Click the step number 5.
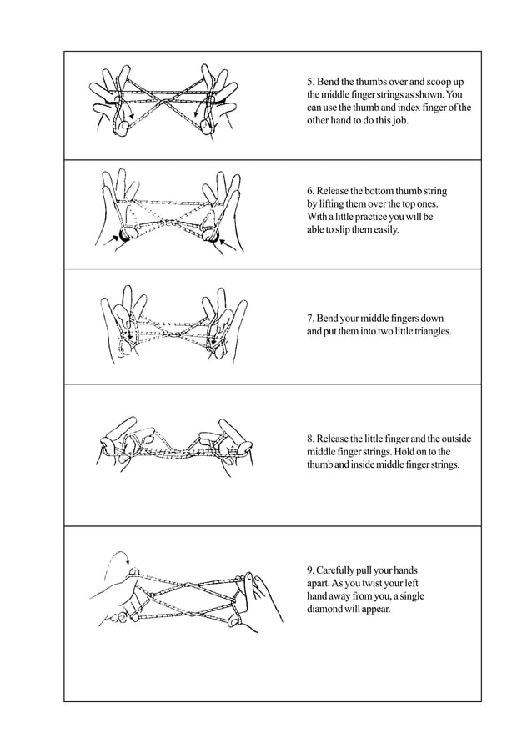click(310, 82)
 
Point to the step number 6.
click(310, 192)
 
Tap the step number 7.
click(310, 319)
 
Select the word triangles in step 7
click(428, 331)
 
